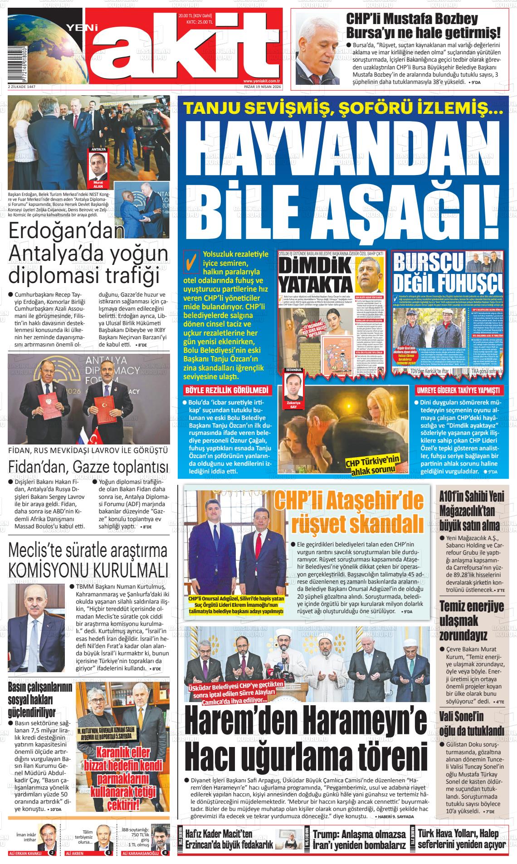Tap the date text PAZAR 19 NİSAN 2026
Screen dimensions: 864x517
pos(262,86)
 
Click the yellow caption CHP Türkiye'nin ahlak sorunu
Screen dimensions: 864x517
pos(373,465)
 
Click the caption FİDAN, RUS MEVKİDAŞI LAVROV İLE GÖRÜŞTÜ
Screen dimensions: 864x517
pos(88,450)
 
